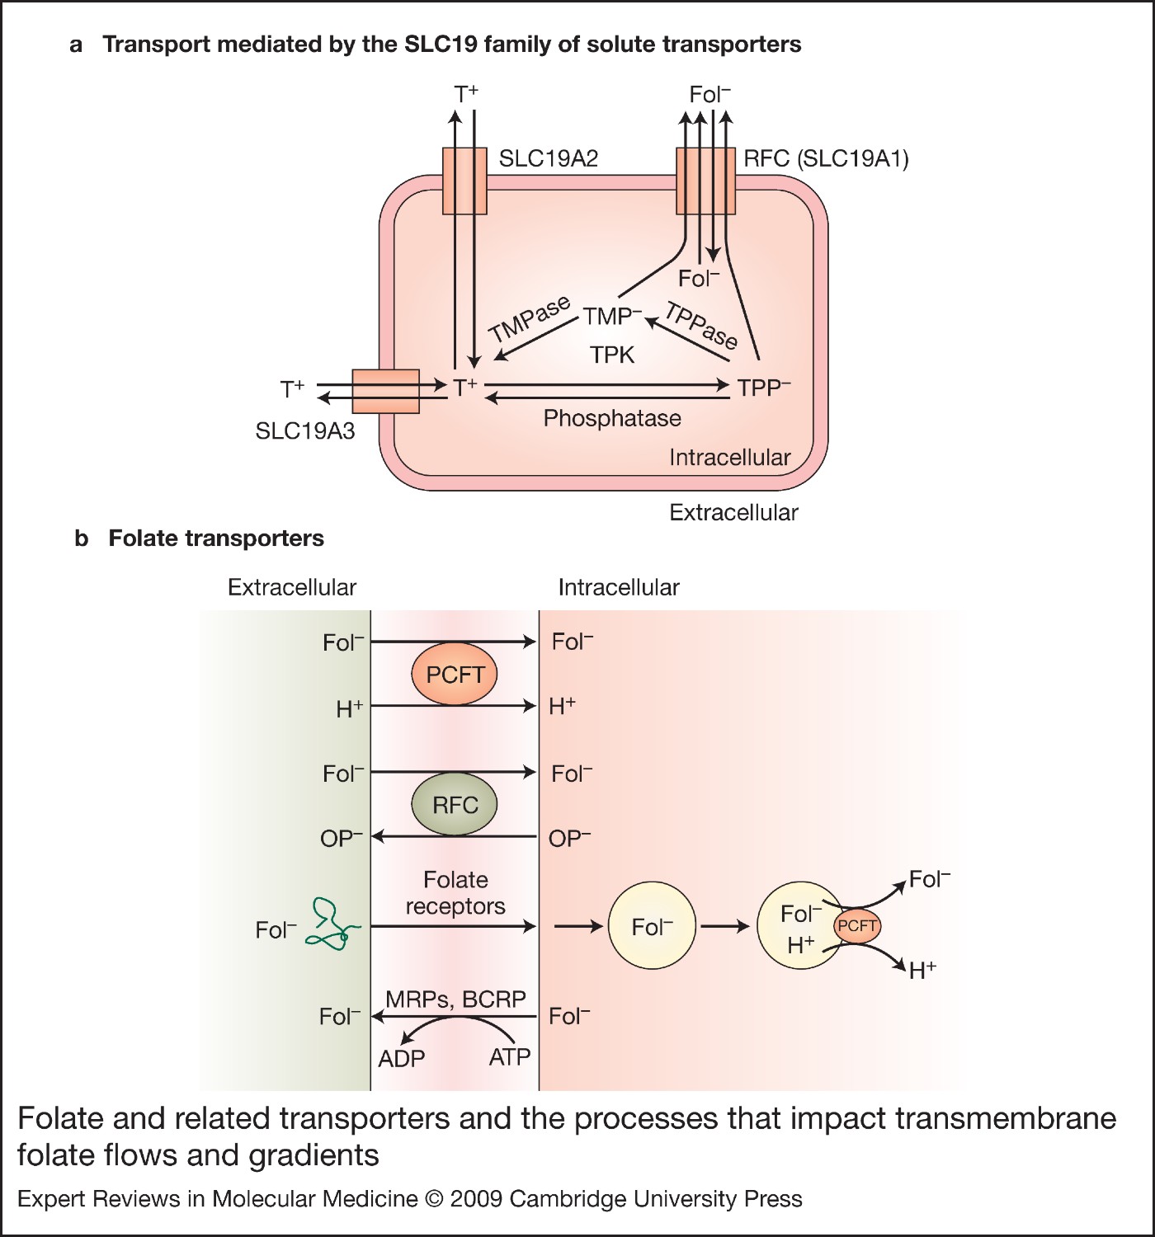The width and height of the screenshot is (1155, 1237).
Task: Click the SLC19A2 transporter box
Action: (x=464, y=181)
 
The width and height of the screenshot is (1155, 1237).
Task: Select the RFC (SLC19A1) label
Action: (x=826, y=158)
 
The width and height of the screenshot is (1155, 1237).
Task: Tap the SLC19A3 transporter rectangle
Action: (x=385, y=391)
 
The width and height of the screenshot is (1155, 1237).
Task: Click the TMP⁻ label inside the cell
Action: (x=611, y=317)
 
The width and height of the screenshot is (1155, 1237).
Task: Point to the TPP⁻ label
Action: (x=763, y=388)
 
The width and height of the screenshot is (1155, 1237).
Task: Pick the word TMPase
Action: (x=530, y=319)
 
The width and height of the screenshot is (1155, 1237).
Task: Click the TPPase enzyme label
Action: (x=701, y=326)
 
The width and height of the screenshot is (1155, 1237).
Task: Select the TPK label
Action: (x=612, y=355)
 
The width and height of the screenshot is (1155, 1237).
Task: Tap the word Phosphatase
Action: (x=612, y=418)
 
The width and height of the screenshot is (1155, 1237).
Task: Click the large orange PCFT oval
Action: (x=455, y=675)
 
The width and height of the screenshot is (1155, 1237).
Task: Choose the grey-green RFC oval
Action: (x=455, y=805)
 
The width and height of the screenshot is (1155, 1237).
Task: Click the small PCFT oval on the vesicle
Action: (x=857, y=926)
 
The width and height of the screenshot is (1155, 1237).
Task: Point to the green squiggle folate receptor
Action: (x=333, y=925)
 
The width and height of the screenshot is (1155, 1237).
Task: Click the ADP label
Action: (x=401, y=1058)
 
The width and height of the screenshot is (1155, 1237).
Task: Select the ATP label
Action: (x=509, y=1057)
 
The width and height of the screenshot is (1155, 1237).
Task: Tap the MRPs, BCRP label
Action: (x=455, y=999)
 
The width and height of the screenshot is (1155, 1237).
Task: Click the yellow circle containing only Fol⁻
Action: (x=652, y=927)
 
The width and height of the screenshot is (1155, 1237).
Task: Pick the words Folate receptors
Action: (x=455, y=893)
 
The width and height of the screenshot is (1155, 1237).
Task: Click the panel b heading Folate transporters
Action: (x=216, y=539)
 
